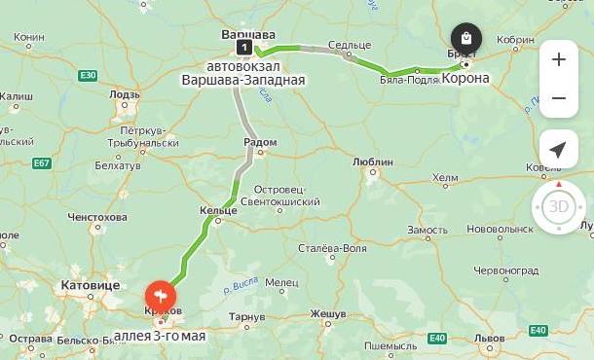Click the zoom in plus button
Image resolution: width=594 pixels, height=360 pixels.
coord(558,59)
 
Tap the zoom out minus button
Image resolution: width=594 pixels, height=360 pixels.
coord(558,98)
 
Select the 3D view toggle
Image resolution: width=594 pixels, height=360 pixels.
coord(558,206)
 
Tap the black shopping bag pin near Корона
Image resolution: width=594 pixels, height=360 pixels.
coord(466,40)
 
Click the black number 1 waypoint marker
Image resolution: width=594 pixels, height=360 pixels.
coord(243,46)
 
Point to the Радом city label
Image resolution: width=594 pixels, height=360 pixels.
coord(259,142)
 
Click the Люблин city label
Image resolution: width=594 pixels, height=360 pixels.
coord(372,162)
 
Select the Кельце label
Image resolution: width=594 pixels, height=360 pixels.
coord(217,210)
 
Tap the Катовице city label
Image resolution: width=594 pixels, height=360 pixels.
coord(90,285)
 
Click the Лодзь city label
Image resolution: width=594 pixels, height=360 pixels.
coord(125,95)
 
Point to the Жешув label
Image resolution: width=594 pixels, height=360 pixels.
coord(328,314)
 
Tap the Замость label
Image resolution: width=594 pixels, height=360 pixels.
coord(427,230)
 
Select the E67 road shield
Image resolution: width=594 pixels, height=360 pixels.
coord(42,163)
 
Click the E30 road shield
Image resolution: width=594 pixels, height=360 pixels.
coord(88,75)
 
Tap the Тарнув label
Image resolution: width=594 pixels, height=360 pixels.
coord(246,317)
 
